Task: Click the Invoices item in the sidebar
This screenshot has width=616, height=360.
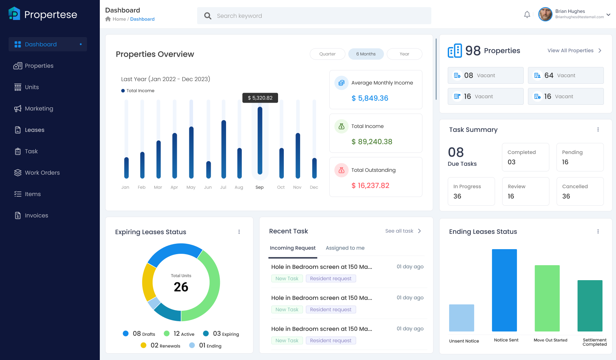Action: tap(36, 215)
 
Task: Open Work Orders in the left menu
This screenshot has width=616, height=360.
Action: tap(42, 173)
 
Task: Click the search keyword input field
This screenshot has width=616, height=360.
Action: tap(314, 16)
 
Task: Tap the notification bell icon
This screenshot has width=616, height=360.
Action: tap(527, 15)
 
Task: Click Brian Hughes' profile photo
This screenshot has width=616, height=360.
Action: tap(545, 14)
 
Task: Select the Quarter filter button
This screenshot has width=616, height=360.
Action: tap(327, 54)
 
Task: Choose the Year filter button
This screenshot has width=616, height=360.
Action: tap(404, 54)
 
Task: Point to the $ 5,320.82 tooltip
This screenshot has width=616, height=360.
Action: tap(260, 98)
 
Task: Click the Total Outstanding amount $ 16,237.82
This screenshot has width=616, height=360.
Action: tap(370, 185)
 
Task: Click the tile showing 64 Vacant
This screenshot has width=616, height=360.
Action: tap(565, 75)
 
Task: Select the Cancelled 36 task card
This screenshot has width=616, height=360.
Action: tap(580, 191)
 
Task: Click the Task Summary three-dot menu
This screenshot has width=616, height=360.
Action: tap(598, 130)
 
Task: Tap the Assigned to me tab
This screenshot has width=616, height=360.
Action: tap(345, 248)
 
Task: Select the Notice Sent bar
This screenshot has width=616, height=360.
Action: tap(504, 290)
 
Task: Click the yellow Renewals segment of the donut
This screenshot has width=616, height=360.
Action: tap(148, 282)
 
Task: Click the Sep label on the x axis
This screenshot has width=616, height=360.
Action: tap(260, 187)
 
